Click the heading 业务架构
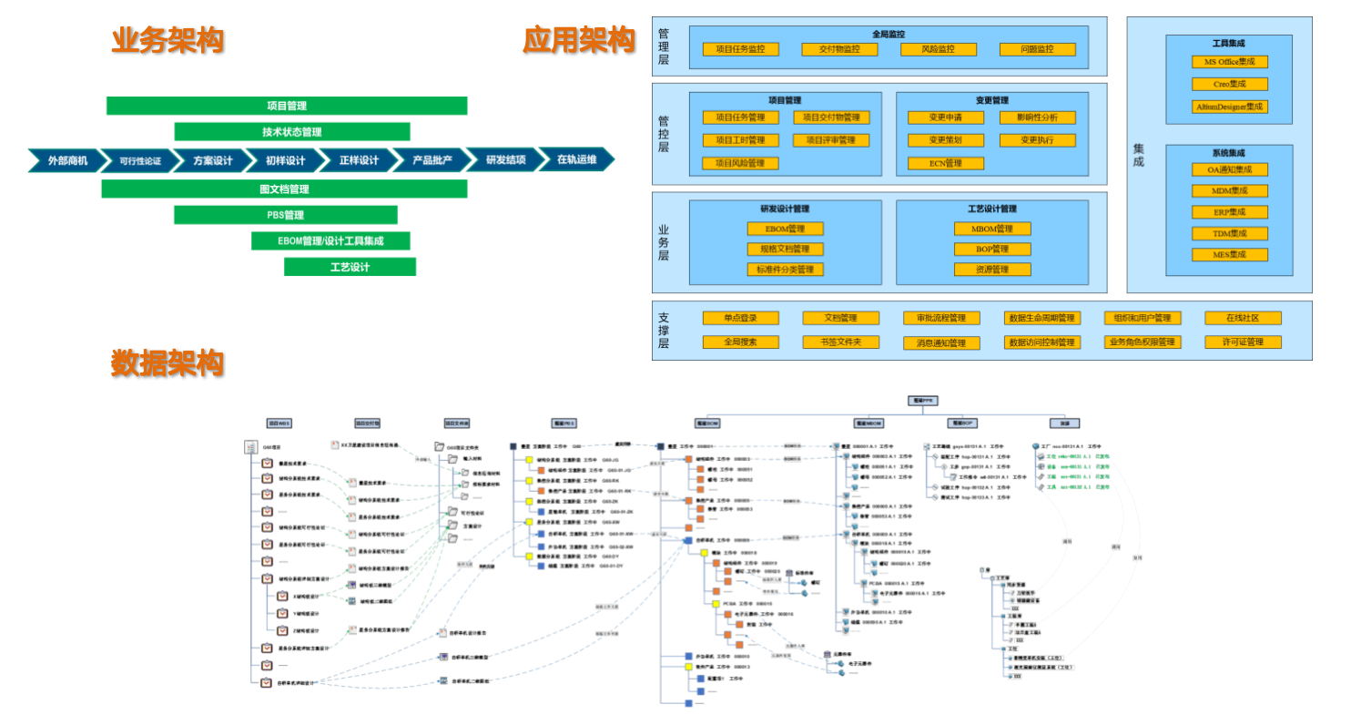(x=168, y=40)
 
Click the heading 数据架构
(x=168, y=362)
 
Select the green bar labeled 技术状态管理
(x=291, y=132)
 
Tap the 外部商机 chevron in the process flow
(x=68, y=160)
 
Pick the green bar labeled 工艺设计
(x=350, y=267)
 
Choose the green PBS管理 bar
(x=285, y=215)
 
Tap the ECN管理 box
(x=945, y=164)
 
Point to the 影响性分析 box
(x=1037, y=117)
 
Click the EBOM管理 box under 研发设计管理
(x=785, y=229)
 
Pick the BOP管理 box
(x=992, y=249)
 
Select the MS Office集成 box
(x=1229, y=62)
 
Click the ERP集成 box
(x=1229, y=212)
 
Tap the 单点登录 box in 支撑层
(x=740, y=318)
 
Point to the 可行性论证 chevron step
(x=140, y=160)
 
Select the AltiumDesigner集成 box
(x=1229, y=107)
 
